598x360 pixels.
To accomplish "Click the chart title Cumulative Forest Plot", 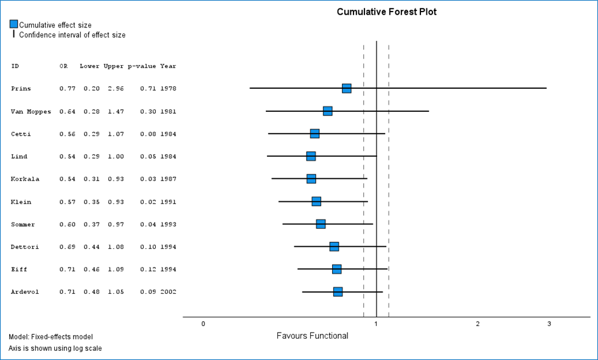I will [x=386, y=12].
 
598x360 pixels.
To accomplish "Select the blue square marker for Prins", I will [x=347, y=88].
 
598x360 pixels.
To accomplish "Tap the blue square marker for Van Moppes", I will [x=328, y=111].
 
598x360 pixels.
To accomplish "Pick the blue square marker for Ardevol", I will [x=338, y=292].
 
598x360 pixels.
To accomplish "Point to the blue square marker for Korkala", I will [x=311, y=179].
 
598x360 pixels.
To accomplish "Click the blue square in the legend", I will [x=13, y=24].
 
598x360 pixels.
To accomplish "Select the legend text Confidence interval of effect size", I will [x=72, y=35].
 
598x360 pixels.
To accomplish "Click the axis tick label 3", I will [x=549, y=324].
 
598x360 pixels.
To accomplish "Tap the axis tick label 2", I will [x=478, y=324].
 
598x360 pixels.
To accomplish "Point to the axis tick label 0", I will [x=203, y=324].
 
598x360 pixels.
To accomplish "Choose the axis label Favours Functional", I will [x=313, y=336].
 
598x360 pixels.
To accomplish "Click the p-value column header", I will [x=142, y=66].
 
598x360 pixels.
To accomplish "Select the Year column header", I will [x=169, y=66].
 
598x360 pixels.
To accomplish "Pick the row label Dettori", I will [x=23, y=247].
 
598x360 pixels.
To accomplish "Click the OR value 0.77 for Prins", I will [x=68, y=89].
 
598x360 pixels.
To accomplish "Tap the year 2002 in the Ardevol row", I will [x=169, y=292].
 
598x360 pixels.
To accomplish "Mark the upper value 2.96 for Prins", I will [x=116, y=89].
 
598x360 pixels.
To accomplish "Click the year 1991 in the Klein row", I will [x=169, y=202].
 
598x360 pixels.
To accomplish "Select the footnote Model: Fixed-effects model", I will [x=50, y=336].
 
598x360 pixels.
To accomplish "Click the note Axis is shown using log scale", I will [x=55, y=348].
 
